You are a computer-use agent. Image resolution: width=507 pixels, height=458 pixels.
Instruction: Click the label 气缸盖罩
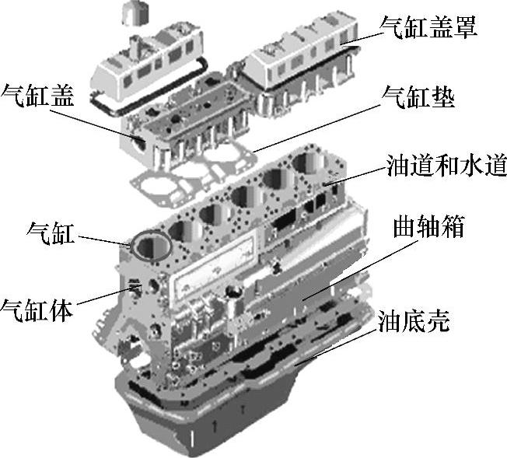coord(428,27)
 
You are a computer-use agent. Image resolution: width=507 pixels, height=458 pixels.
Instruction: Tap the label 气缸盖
coord(37,96)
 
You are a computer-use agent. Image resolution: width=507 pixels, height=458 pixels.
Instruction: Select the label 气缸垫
coord(418,97)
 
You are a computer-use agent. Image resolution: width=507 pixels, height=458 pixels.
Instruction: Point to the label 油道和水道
coord(446,165)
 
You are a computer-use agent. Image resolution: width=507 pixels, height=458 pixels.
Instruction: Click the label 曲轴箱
coord(429,226)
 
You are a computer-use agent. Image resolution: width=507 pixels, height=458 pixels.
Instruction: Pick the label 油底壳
coord(414,321)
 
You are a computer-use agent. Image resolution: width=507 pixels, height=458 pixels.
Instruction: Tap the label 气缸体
coord(37,309)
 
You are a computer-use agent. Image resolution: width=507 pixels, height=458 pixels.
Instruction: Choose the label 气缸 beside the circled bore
coord(51,232)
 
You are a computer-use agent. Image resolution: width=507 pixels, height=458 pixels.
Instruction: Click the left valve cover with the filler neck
coord(147,66)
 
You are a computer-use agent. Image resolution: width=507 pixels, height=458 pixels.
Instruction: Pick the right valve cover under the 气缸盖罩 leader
coord(302,52)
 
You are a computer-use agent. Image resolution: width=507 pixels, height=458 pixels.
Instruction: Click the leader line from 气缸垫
coord(317,128)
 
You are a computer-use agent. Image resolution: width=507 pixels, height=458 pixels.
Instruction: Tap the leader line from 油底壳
coord(336,348)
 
